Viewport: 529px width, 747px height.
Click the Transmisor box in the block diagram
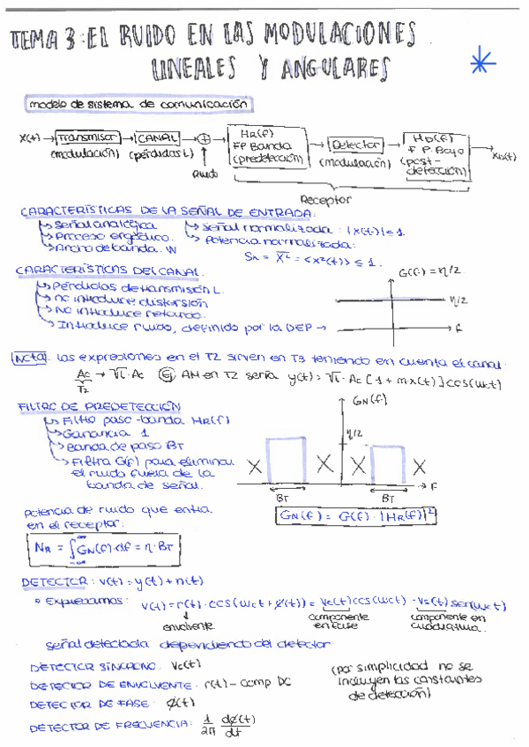88,138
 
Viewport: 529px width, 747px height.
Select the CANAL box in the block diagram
156,138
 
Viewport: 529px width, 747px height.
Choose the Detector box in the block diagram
355,144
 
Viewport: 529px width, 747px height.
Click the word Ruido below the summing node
205,174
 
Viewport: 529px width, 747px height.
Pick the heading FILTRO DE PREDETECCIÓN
100,407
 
